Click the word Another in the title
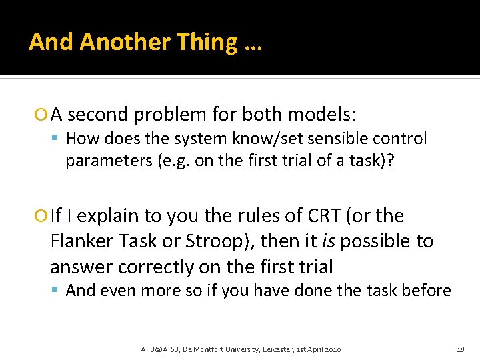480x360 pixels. [x=125, y=42]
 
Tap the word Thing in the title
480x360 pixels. [x=207, y=42]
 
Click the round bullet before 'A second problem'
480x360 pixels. [x=43, y=115]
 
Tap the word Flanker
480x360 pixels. [x=81, y=241]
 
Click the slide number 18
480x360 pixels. [x=461, y=349]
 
